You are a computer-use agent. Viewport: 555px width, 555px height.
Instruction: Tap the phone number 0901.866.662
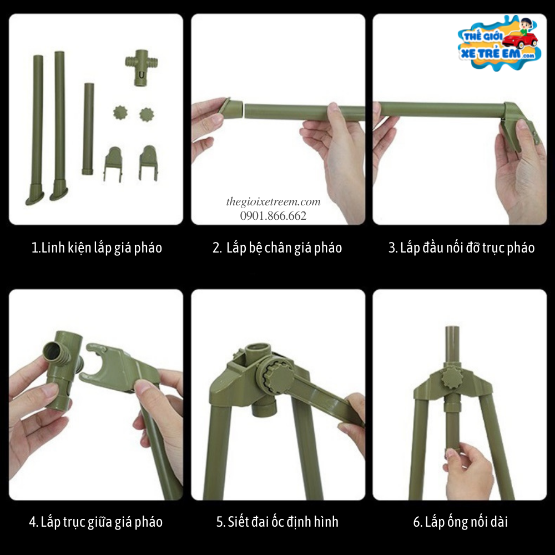coord(273,215)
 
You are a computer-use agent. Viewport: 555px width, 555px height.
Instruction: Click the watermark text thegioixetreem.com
coord(273,202)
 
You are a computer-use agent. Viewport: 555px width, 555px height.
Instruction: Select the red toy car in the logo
coord(519,40)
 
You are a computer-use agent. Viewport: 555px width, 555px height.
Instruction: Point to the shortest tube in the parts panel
coord(88,129)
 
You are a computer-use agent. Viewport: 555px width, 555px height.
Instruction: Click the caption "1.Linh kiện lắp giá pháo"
coord(97,248)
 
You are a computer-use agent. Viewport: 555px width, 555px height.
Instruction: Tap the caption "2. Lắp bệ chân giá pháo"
coord(277,248)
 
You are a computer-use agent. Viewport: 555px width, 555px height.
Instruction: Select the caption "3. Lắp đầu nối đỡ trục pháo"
coord(461,248)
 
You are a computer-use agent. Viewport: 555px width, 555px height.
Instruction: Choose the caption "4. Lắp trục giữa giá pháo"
coord(96,522)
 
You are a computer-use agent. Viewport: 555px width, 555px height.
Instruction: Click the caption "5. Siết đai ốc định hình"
coord(277,522)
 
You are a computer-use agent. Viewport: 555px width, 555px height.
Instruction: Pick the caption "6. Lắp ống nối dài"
coord(461,522)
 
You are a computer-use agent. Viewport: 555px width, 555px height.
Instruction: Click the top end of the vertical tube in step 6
coord(452,328)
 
